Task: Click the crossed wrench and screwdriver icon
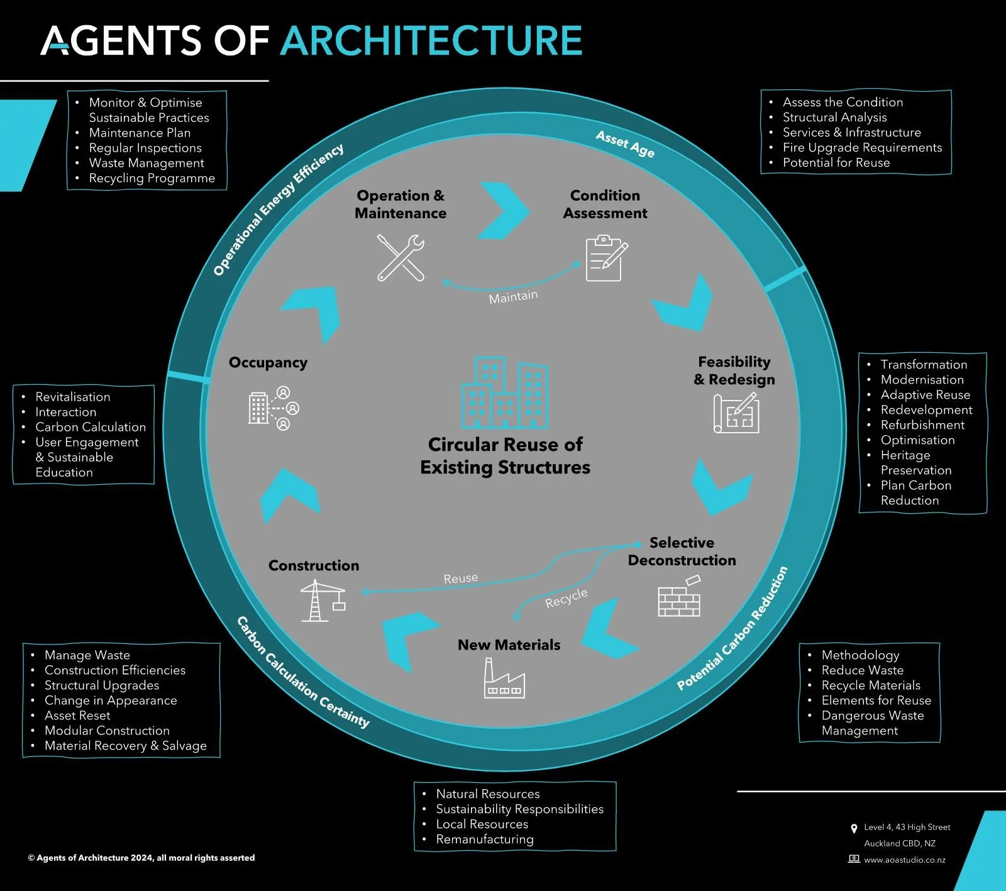point(401,258)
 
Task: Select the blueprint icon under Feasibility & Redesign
point(736,413)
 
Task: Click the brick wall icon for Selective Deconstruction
point(679,597)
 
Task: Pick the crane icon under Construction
point(322,600)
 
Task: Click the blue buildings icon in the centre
point(505,392)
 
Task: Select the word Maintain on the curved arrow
point(513,296)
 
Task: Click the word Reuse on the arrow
point(461,578)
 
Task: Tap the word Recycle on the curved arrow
point(566,598)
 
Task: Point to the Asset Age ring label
point(625,144)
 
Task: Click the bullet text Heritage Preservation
point(915,463)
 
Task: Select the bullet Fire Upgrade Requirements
point(862,147)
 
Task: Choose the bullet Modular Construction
point(107,731)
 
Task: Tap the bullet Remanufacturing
point(485,839)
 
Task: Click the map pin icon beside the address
point(853,828)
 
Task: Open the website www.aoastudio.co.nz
point(904,860)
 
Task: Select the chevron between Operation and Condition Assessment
point(503,211)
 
